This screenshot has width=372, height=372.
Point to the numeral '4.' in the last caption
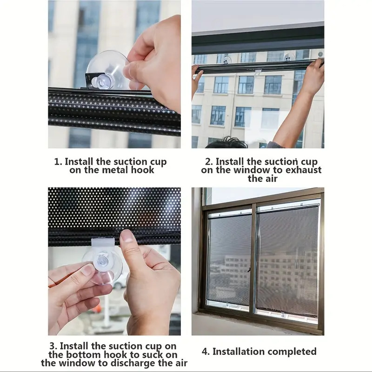(206, 352)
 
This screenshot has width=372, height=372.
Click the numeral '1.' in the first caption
(58, 162)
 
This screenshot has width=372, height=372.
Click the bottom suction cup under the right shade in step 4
(283, 315)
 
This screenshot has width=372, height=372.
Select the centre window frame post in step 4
(253, 259)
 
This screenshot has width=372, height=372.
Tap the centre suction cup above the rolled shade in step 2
(227, 60)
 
